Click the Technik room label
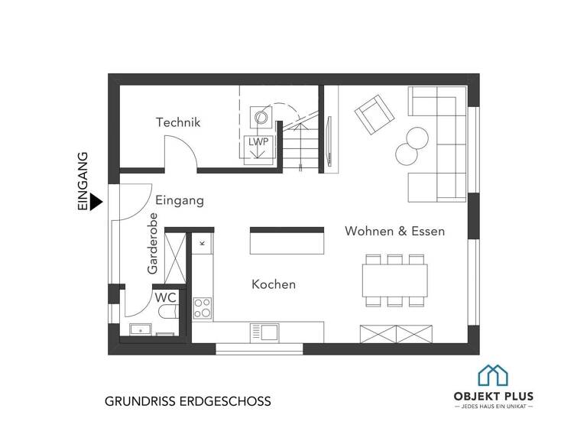[x=177, y=122]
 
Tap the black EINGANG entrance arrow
[x=96, y=202]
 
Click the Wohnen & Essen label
[x=394, y=231]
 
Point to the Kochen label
[x=274, y=284]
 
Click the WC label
[x=166, y=297]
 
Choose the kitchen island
[x=287, y=242]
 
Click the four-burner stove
[x=203, y=308]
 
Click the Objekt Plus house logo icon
[x=493, y=375]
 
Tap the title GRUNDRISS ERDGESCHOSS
[x=187, y=400]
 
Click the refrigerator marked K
[x=203, y=242]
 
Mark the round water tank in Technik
[x=261, y=118]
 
